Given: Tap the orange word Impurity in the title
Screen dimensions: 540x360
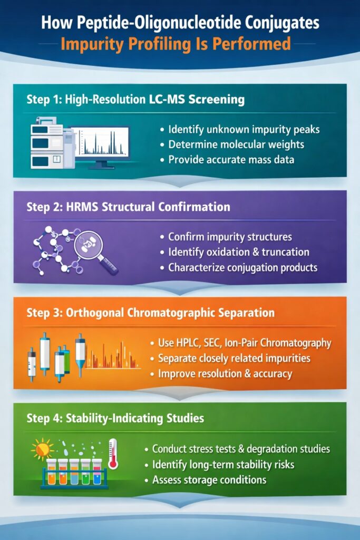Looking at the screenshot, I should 93,43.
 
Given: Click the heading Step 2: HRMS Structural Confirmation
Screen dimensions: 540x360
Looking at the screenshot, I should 128,207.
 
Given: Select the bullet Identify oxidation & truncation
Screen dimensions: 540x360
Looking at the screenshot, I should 238,252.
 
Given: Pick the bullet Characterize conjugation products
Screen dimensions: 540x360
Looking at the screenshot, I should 242,267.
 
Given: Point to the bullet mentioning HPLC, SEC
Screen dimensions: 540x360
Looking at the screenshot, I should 245,343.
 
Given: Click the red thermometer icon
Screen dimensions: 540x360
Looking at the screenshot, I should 112,452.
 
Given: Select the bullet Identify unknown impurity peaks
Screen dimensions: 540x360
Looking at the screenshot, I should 244,129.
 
